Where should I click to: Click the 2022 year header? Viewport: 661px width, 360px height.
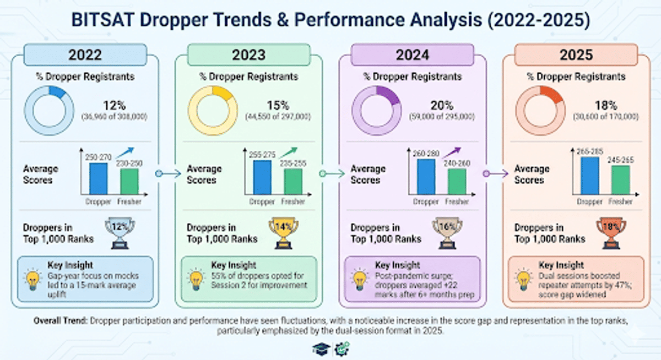point(85,54)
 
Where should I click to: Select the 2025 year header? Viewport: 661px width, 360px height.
point(577,54)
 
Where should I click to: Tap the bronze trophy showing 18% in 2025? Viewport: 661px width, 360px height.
point(610,232)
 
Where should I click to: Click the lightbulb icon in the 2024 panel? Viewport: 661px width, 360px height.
point(360,278)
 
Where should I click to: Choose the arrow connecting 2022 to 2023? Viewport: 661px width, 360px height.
point(167,173)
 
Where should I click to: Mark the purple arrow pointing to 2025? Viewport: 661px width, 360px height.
point(495,173)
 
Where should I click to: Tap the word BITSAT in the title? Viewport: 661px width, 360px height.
point(104,21)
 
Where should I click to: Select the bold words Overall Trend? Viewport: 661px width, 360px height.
point(60,321)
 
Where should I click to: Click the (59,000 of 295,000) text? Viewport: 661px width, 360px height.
point(441,117)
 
